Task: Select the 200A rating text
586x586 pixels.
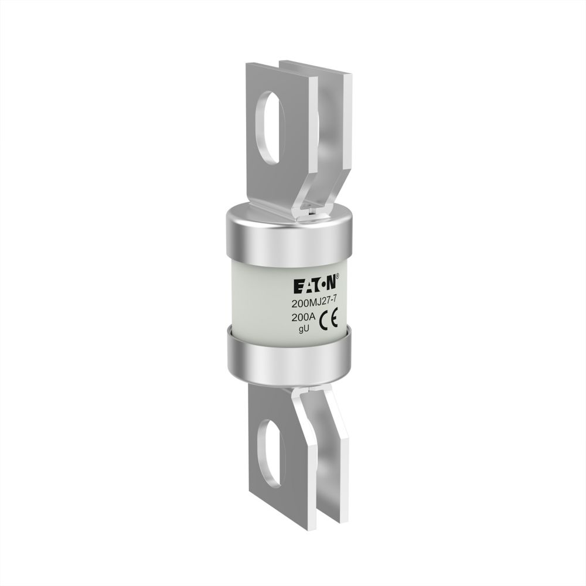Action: pos(304,318)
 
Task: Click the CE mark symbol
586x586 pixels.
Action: pos(329,319)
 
